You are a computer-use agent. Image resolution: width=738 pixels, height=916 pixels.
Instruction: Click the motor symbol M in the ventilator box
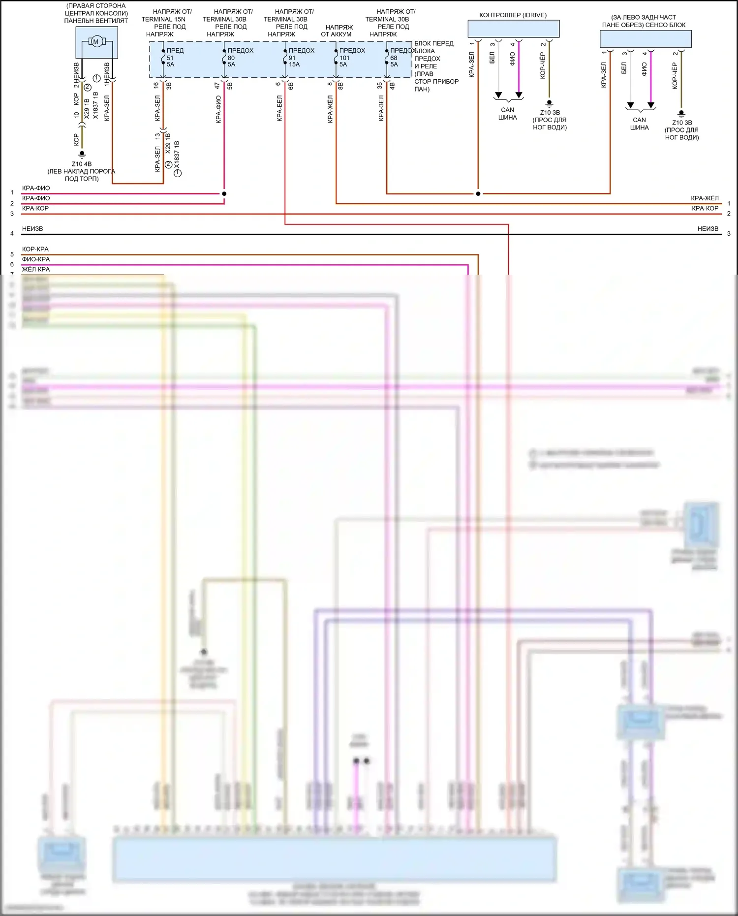click(96, 42)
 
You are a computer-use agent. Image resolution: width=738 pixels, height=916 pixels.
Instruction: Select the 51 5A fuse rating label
click(170, 61)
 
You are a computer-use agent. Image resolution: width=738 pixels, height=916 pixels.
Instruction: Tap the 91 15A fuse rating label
click(294, 61)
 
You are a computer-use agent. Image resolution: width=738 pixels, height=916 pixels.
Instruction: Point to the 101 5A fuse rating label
click(344, 61)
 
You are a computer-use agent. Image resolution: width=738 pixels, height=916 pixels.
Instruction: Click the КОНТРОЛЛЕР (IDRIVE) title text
click(513, 15)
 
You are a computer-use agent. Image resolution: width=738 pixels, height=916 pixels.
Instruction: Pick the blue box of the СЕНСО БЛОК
click(646, 39)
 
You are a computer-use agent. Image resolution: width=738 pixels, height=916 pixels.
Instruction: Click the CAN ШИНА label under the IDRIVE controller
click(507, 114)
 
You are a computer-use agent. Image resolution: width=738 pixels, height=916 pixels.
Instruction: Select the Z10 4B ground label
click(82, 164)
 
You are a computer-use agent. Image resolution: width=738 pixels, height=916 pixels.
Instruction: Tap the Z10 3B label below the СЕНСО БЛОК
click(682, 123)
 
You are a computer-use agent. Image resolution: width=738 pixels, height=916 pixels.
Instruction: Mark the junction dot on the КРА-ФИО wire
click(224, 193)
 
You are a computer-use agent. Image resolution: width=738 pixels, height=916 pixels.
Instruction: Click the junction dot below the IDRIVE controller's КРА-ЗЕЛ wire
click(478, 193)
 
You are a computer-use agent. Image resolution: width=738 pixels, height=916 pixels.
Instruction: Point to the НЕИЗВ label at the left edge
click(32, 229)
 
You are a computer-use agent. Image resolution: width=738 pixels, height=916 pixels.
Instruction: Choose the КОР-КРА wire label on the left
click(35, 249)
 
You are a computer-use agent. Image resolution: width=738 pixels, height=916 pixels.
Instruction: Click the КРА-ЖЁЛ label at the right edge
click(705, 198)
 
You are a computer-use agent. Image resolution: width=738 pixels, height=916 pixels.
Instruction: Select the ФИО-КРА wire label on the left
click(36, 259)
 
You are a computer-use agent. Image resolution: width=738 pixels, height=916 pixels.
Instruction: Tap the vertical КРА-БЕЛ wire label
click(279, 108)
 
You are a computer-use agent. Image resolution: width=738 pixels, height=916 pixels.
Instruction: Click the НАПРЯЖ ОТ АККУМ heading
click(338, 31)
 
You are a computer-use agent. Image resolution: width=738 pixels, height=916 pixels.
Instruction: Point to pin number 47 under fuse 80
click(217, 85)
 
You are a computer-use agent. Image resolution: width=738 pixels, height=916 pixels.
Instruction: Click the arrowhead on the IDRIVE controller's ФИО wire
click(519, 95)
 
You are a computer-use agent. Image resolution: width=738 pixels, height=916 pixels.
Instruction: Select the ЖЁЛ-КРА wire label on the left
click(36, 269)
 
